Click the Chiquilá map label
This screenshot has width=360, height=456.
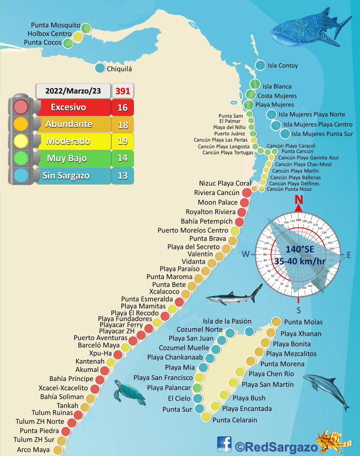(x=119, y=69)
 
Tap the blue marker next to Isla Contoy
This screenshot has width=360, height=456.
(x=260, y=65)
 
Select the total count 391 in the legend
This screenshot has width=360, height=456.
(x=123, y=91)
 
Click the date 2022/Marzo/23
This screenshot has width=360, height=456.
(x=73, y=91)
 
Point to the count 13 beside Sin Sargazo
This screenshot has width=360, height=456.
(x=122, y=176)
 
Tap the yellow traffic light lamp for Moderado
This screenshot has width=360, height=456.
(x=21, y=141)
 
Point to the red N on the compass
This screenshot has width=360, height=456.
(x=299, y=200)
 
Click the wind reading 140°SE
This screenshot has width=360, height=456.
(x=300, y=249)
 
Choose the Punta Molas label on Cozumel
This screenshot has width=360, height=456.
(x=303, y=322)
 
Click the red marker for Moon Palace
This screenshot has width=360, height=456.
(x=245, y=202)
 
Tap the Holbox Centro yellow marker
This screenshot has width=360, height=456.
(x=78, y=37)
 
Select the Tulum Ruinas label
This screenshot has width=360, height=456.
(x=52, y=413)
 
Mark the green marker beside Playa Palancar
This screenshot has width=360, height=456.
(x=197, y=388)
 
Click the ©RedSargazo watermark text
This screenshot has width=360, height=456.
(x=276, y=447)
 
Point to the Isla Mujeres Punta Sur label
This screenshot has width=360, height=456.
(x=322, y=134)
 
